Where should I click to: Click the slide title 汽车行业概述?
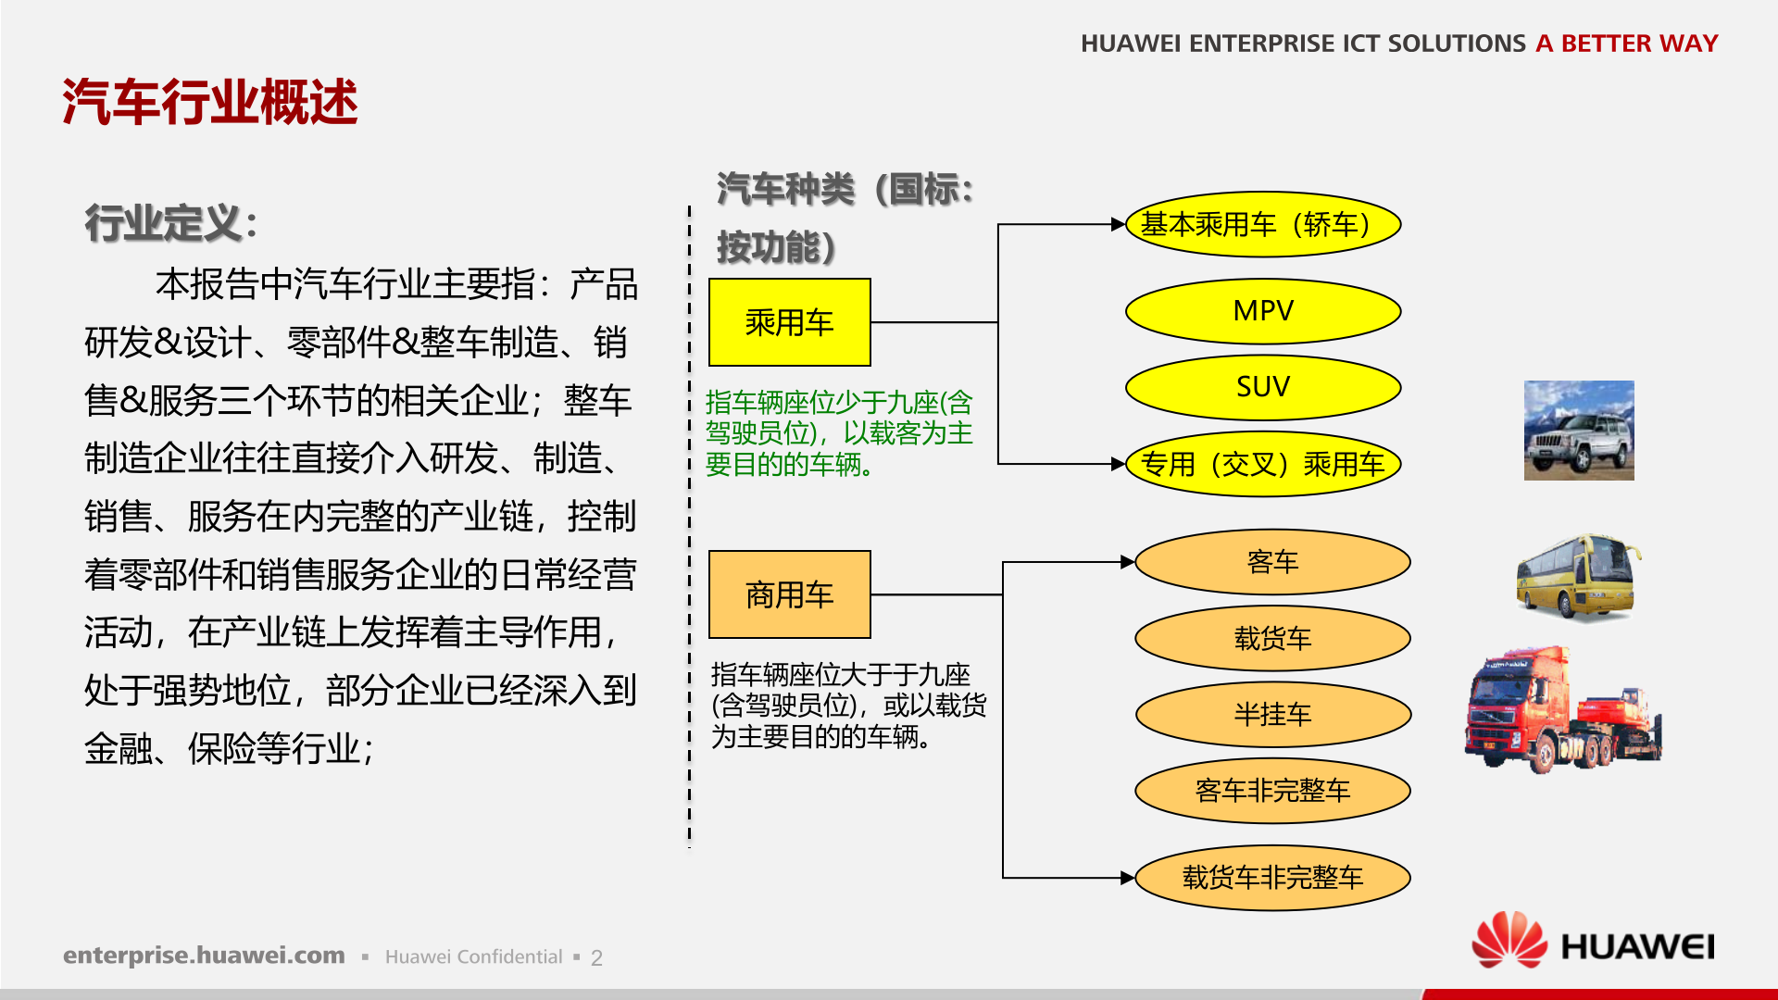click(210, 102)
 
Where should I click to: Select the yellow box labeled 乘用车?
click(789, 322)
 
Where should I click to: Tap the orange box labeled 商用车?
click(789, 594)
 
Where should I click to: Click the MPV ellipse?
click(1263, 311)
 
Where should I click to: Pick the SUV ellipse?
click(1263, 387)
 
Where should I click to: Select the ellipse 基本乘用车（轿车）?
click(1263, 224)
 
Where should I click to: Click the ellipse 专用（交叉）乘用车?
click(1263, 463)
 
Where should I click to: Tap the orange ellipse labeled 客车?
click(1272, 562)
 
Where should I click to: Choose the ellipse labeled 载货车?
click(1272, 638)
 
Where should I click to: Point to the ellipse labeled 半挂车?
click(1272, 714)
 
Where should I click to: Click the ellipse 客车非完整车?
click(1272, 790)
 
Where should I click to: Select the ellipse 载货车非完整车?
click(1272, 877)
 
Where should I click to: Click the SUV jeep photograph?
click(1579, 431)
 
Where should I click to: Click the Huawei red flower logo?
click(1509, 940)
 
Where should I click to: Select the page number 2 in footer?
click(596, 957)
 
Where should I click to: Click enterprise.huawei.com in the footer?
click(204, 956)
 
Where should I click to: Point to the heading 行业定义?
click(170, 224)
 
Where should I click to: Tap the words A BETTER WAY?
click(1626, 44)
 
